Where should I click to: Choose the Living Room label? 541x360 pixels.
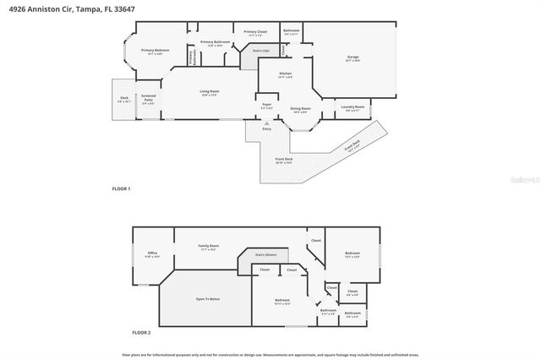(x=210, y=92)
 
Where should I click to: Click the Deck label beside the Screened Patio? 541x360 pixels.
(x=123, y=100)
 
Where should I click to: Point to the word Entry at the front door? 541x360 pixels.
(x=267, y=128)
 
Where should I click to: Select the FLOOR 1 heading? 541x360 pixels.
(x=121, y=188)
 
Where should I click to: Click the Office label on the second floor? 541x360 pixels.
(x=152, y=254)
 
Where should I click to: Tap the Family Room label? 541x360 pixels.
(x=209, y=247)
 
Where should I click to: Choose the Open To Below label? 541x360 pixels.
(x=208, y=299)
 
